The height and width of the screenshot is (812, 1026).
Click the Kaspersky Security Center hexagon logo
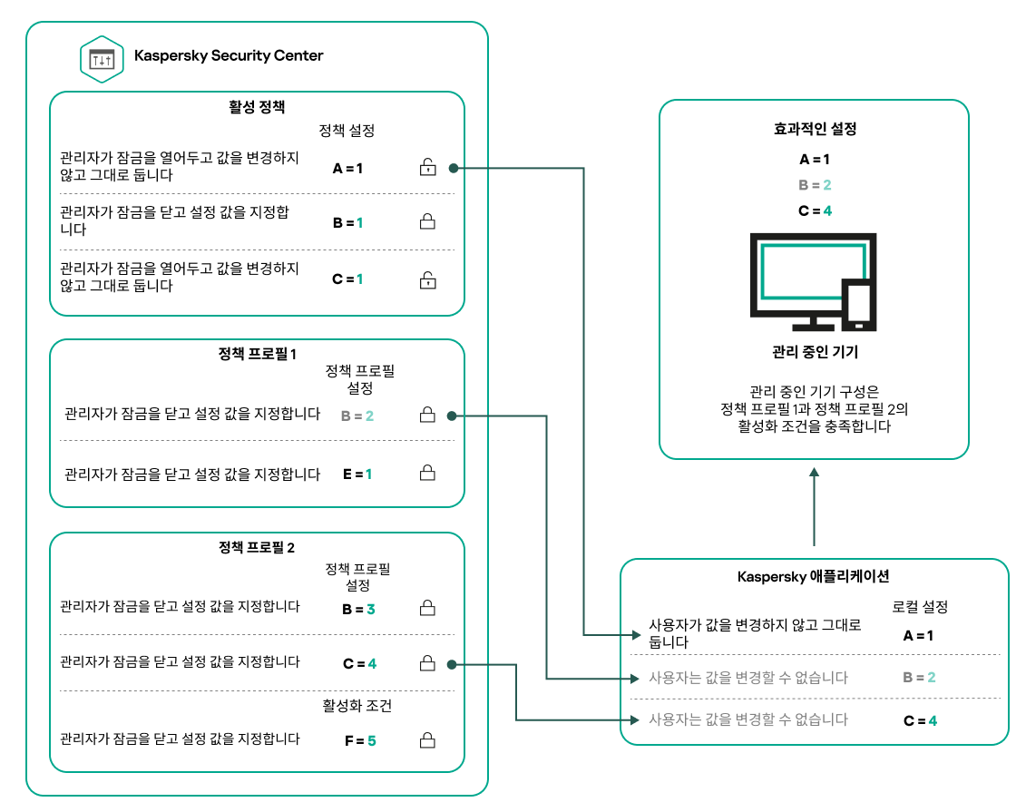103,58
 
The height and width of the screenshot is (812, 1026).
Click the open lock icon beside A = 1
426,168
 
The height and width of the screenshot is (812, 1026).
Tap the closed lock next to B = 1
426,221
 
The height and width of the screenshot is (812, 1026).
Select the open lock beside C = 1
426,279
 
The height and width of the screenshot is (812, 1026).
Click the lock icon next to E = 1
426,474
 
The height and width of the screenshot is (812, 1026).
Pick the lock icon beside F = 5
426,740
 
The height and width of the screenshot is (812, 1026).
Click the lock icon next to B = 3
426,609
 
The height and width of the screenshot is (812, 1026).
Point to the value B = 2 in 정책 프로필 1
357,416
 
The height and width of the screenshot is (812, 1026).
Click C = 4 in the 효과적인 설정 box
815,210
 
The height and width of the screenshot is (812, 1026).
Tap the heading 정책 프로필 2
257,548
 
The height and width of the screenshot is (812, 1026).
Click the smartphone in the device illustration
858,306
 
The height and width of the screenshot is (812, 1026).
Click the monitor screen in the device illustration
800,272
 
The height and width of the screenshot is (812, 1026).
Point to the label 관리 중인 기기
814,352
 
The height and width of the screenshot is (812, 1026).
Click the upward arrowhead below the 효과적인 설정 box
815,474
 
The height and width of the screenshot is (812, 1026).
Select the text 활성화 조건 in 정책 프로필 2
357,705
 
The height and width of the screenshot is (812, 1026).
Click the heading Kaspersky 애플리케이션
814,576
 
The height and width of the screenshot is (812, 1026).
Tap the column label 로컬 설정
919,607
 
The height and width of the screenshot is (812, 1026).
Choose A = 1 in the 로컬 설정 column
919,635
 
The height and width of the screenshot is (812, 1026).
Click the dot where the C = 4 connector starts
451,665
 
